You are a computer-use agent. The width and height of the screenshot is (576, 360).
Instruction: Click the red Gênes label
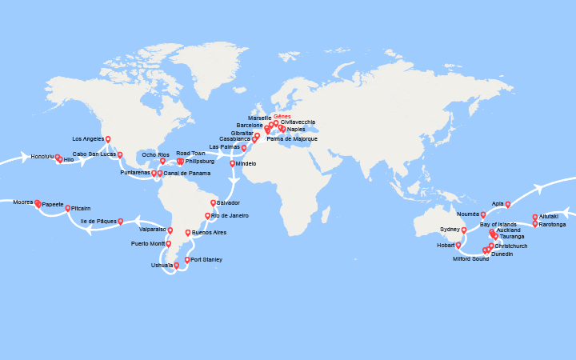(282, 116)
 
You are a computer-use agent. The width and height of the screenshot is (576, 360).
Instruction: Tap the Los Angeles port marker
(108, 139)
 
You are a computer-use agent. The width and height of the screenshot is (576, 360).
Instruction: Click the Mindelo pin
(233, 163)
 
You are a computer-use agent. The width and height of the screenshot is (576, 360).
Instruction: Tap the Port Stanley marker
(187, 259)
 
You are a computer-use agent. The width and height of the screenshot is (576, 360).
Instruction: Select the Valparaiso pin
(170, 230)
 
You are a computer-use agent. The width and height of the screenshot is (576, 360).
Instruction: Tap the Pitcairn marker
(68, 208)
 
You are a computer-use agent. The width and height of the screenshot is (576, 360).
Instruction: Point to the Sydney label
(450, 230)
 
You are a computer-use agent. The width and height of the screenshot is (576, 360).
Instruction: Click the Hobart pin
(458, 246)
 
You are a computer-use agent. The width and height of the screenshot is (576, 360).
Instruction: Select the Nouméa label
(468, 214)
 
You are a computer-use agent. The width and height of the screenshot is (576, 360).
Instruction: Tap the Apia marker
(508, 204)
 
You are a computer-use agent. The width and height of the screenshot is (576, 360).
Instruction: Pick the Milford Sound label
(470, 259)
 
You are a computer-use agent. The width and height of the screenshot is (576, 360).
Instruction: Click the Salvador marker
(213, 202)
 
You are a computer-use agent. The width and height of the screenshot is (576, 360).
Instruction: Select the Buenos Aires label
(209, 233)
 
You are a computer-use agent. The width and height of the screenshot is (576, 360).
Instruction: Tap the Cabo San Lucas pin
(120, 154)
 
